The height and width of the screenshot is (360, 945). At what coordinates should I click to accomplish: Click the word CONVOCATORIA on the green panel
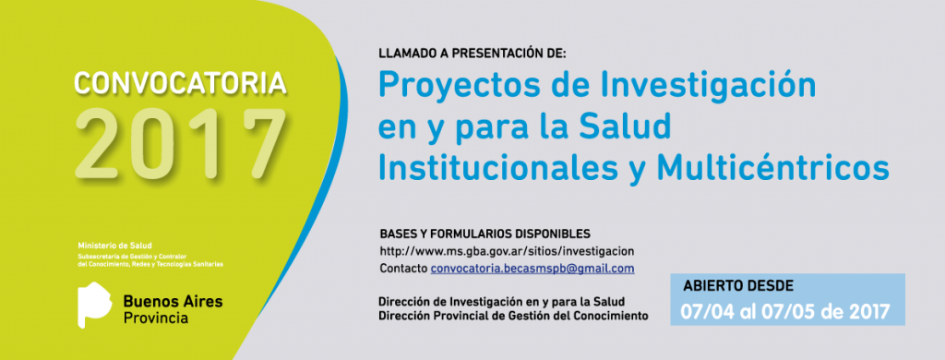180,83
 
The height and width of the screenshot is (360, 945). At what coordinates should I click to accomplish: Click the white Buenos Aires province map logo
95,306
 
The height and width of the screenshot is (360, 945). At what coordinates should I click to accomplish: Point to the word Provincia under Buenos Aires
155,318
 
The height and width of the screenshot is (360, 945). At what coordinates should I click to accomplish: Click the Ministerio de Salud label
115,246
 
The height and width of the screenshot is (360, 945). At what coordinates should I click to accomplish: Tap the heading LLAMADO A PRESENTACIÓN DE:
472,54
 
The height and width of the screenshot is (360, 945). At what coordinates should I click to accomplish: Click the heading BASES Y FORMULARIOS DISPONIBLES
484,234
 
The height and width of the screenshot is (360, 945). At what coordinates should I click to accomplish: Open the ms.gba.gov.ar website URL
507,251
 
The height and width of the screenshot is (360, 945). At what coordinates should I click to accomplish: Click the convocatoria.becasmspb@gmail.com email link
532,269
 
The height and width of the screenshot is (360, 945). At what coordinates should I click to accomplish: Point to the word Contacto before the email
403,269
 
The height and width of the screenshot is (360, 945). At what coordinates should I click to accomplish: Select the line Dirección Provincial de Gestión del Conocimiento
513,316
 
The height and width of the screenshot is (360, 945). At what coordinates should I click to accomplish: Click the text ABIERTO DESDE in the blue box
737,286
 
